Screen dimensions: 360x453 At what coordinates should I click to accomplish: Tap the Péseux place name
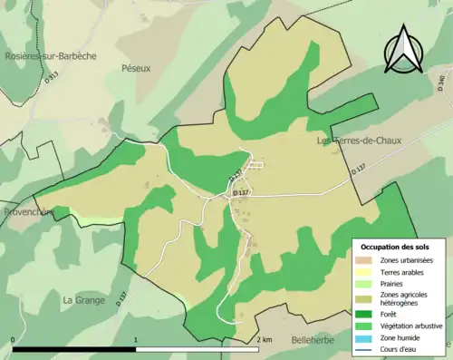tap(134, 68)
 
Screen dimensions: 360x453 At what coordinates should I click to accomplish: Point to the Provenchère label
tap(27, 211)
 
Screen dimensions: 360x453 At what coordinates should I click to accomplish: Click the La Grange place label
tap(84, 299)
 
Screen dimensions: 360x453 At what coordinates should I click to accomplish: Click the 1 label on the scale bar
tap(136, 339)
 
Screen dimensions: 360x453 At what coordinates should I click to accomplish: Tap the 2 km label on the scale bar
tap(264, 339)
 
